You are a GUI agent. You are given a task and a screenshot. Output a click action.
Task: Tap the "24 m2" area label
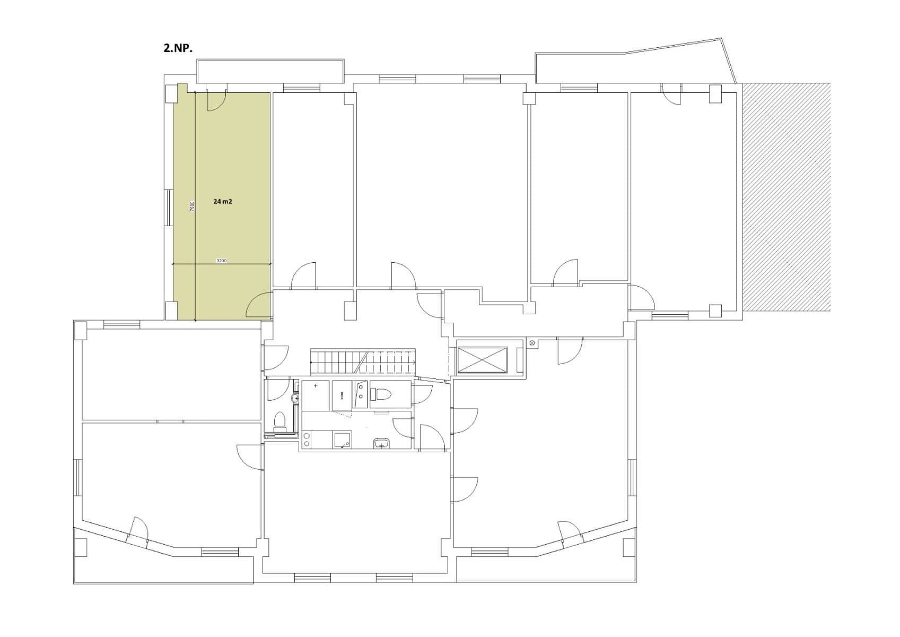click(x=223, y=202)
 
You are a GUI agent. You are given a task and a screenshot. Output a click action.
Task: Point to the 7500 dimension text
click(x=193, y=206)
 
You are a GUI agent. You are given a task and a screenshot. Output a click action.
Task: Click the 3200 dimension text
click(x=222, y=261)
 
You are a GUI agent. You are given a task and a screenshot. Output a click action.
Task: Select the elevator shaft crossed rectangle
click(x=482, y=360)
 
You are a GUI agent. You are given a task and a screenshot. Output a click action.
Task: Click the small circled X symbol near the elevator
click(x=531, y=343)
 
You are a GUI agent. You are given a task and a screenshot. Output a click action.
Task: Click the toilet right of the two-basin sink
click(x=383, y=394)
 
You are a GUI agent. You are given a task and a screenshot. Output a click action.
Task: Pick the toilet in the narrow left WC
click(x=279, y=423)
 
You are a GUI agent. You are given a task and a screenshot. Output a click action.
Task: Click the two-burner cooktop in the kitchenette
click(x=307, y=440)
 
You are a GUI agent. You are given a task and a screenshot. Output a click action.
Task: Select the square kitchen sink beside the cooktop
click(x=343, y=440)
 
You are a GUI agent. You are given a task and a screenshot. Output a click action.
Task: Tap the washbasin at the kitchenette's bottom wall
click(x=381, y=443)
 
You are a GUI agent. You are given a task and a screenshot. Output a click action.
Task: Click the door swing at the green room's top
click(x=216, y=101)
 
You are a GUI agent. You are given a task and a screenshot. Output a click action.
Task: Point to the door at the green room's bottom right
click(x=260, y=306)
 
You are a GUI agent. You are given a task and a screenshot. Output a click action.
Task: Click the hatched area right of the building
click(x=786, y=196)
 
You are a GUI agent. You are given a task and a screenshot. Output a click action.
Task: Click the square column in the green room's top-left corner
click(x=172, y=93)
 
